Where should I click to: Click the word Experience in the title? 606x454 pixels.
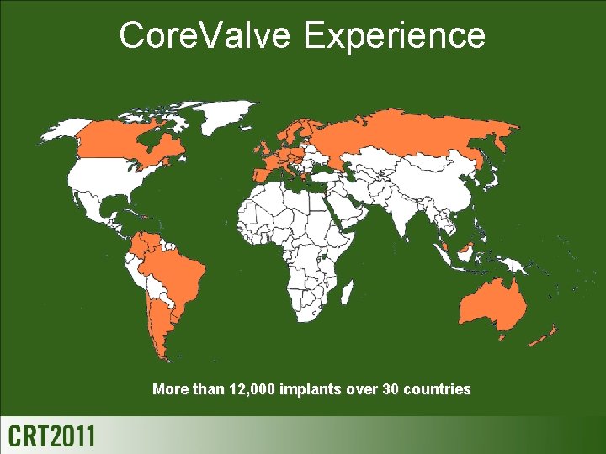(x=395, y=36)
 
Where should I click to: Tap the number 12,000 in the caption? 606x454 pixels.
(x=252, y=389)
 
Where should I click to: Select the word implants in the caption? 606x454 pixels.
(x=311, y=389)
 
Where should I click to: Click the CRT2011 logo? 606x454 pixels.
(x=51, y=436)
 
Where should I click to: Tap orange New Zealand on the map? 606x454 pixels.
(x=543, y=336)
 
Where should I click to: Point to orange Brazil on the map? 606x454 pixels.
(x=177, y=269)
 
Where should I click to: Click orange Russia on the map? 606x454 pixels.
(x=404, y=139)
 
